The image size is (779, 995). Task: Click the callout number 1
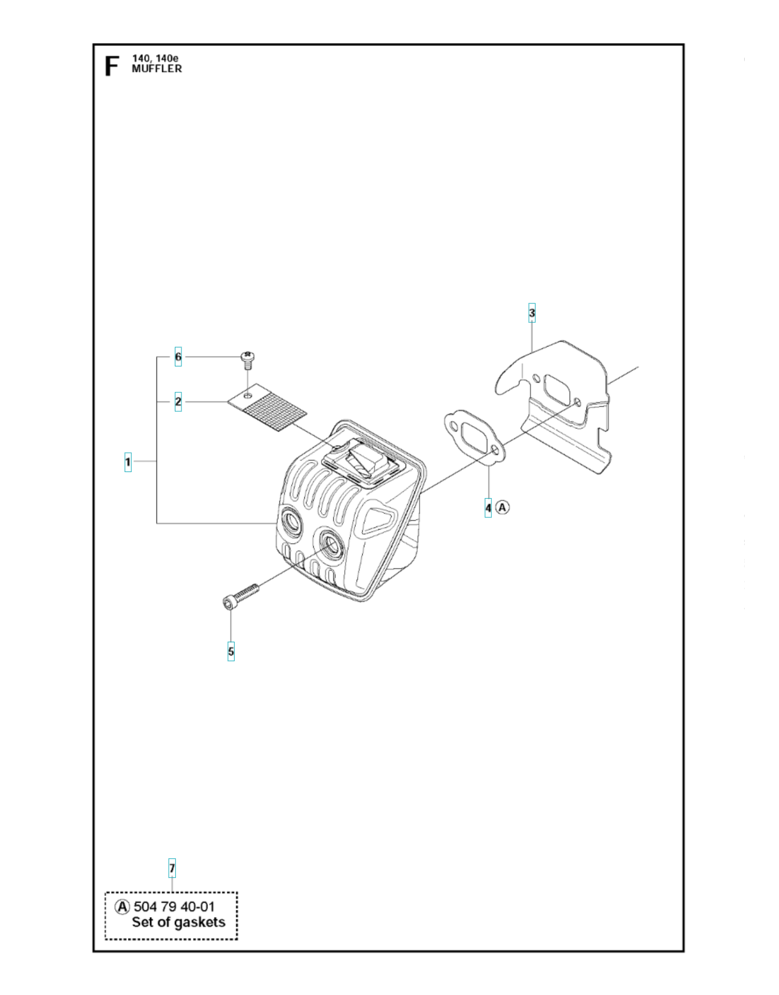click(128, 462)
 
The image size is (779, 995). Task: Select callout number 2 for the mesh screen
click(178, 402)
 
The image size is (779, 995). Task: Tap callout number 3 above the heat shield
click(532, 313)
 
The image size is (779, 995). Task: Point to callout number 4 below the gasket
click(488, 507)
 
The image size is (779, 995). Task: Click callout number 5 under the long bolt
click(231, 652)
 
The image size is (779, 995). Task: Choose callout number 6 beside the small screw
click(178, 357)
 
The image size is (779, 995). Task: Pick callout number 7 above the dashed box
click(172, 868)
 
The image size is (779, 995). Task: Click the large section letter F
click(112, 66)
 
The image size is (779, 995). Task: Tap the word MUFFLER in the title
click(157, 69)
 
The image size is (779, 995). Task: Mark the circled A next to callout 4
click(502, 507)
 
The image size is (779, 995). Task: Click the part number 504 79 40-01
click(174, 907)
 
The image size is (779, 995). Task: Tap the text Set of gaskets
click(179, 923)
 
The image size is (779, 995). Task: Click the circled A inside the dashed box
click(122, 907)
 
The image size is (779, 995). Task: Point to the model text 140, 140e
click(155, 58)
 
